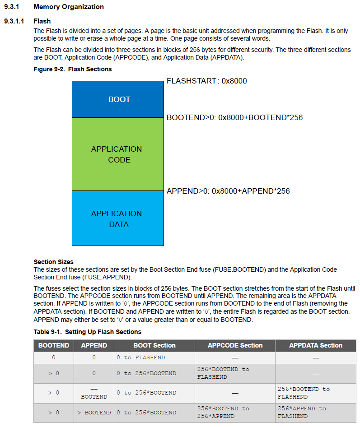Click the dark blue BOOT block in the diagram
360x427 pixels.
(x=119, y=99)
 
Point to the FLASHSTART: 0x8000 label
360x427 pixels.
(x=206, y=81)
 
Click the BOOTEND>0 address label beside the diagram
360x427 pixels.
(x=234, y=117)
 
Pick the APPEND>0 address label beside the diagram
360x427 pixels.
(x=228, y=191)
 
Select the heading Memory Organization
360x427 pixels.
(x=69, y=7)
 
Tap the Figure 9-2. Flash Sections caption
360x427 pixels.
(x=73, y=69)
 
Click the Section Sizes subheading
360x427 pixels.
(x=53, y=262)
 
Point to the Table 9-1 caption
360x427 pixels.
(x=87, y=332)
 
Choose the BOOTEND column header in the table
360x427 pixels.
(x=54, y=345)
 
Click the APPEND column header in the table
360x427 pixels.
(x=94, y=345)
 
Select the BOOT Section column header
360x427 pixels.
(x=154, y=345)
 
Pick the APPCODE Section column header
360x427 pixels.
(x=235, y=345)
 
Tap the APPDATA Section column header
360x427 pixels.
(x=316, y=345)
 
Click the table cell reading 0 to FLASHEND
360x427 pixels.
(x=140, y=357)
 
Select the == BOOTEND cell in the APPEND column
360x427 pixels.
(x=94, y=393)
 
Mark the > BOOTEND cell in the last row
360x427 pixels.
(x=94, y=413)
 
